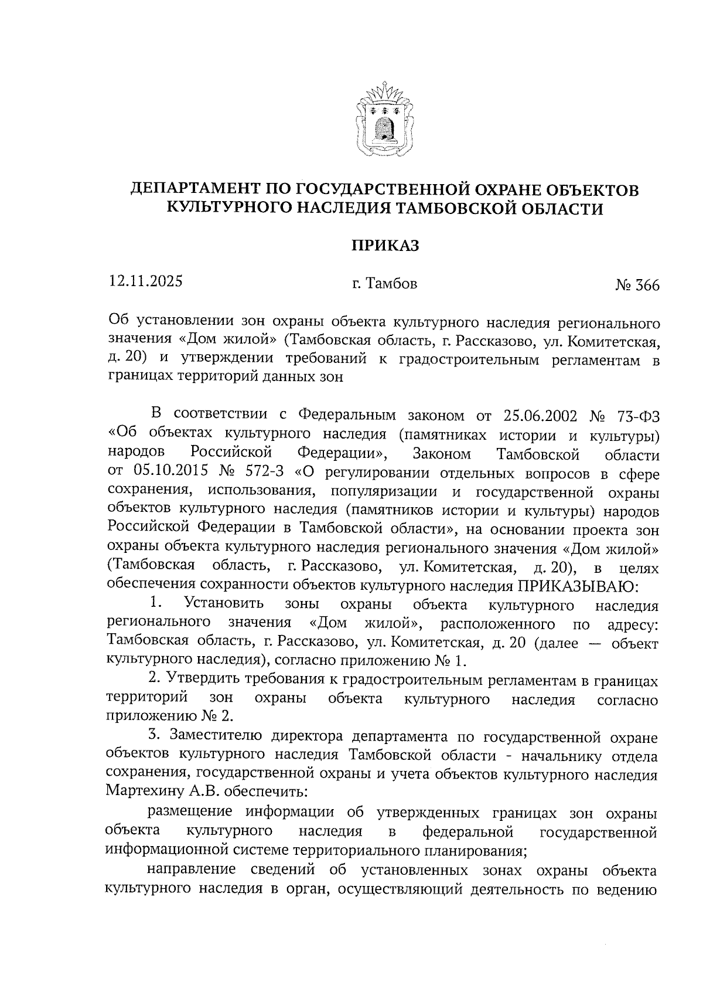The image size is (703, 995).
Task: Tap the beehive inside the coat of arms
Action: coord(384,127)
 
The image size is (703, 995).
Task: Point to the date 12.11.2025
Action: coord(146,281)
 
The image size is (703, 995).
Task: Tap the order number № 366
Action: coord(637,286)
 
